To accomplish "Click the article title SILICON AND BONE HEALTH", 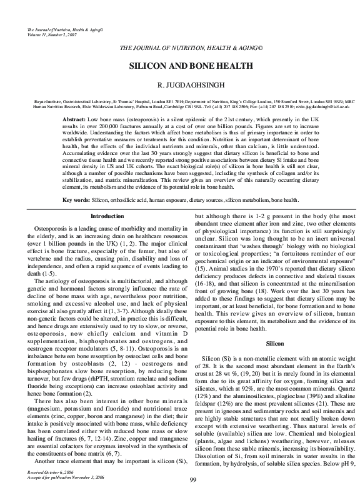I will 182,66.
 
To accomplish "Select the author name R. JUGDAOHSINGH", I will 182,83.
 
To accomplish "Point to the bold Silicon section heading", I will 275,344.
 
